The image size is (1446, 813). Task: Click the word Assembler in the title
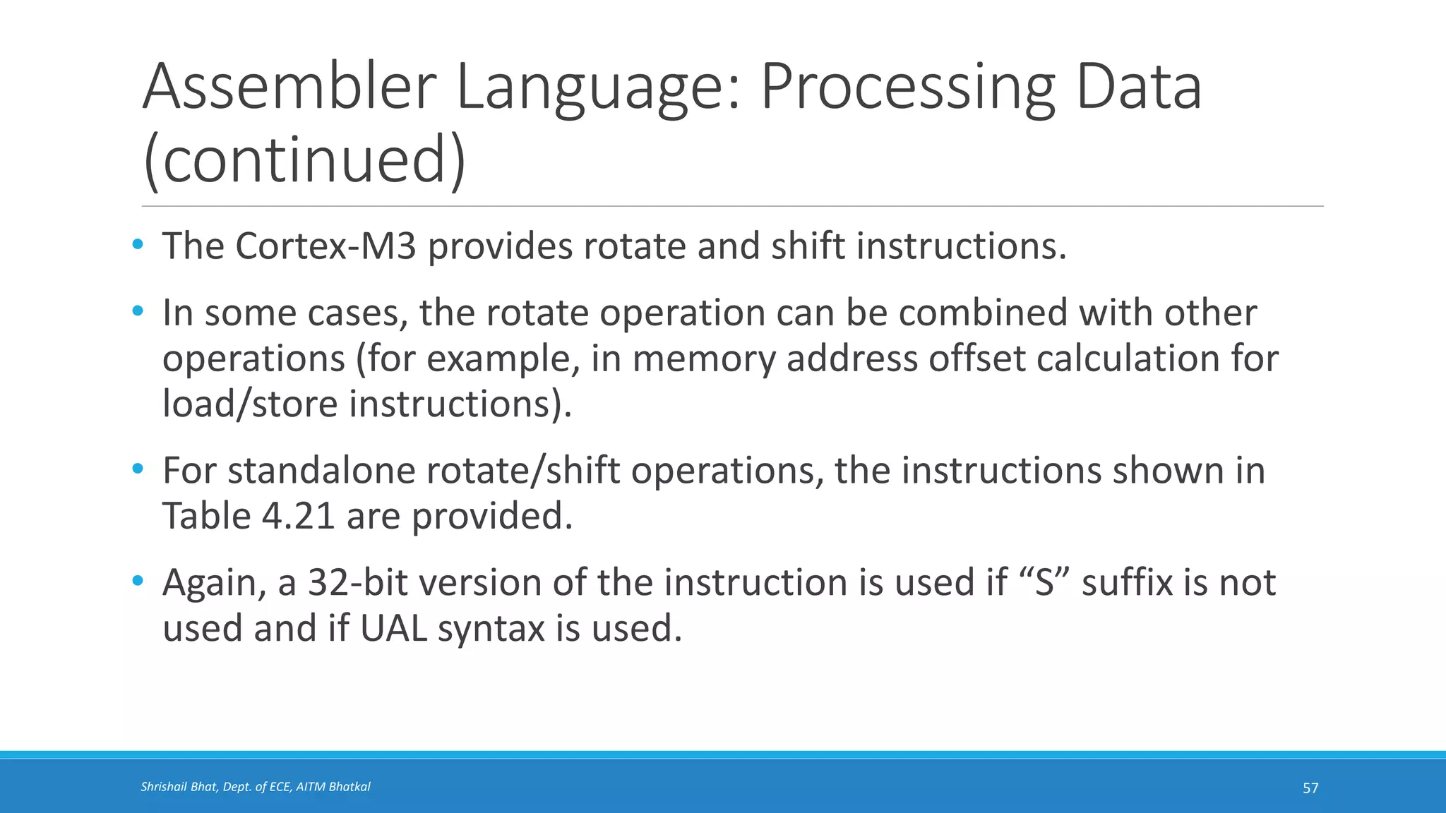tap(290, 88)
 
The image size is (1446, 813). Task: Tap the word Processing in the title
tap(907, 88)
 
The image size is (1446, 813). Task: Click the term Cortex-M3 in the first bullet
tap(325, 246)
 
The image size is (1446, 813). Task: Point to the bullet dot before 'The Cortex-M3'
tap(138, 245)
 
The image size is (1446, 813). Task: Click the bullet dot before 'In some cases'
tap(138, 311)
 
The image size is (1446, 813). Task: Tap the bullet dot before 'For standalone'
tap(138, 469)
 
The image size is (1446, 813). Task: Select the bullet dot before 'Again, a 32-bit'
tap(138, 581)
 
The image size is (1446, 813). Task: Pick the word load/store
tap(250, 404)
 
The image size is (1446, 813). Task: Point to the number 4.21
tap(298, 516)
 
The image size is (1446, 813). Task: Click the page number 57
tap(1310, 788)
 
